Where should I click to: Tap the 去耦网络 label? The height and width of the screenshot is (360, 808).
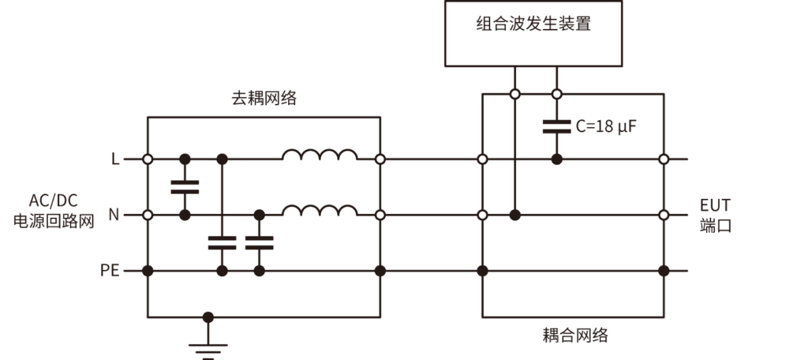(264, 99)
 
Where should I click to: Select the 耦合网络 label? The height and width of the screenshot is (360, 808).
(575, 335)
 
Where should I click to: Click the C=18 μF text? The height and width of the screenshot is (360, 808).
(605, 126)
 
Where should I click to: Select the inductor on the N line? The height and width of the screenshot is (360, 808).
(320, 210)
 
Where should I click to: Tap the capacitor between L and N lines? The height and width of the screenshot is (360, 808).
(185, 187)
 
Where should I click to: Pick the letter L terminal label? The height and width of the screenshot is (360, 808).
(115, 159)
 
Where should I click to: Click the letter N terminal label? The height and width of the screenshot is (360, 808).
(114, 215)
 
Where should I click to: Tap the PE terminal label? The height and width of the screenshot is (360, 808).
(110, 271)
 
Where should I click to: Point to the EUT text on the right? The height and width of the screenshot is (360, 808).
(715, 205)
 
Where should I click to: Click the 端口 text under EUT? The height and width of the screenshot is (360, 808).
(715, 226)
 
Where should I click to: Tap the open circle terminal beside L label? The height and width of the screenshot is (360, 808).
(148, 159)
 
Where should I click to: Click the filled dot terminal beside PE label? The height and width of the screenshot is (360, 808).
(148, 271)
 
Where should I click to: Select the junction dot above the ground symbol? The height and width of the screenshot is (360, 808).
(208, 317)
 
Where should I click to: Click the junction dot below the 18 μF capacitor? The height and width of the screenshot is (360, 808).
(556, 159)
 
